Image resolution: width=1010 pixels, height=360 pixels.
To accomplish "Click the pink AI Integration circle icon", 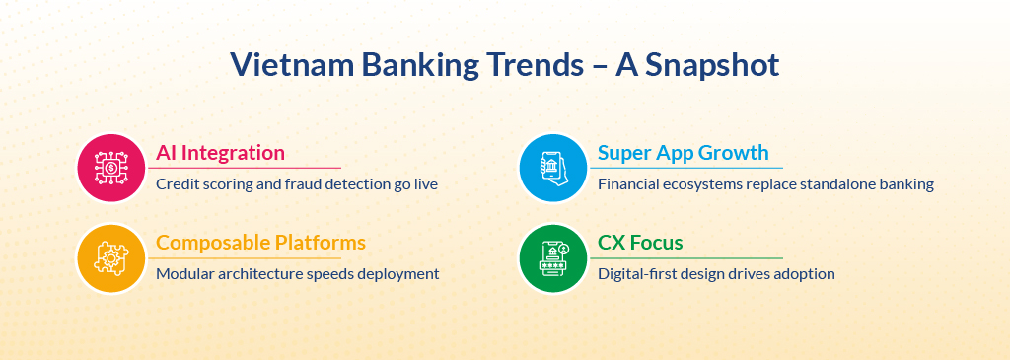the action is tap(110, 168).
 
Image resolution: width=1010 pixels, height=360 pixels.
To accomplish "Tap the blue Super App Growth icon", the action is tap(552, 168).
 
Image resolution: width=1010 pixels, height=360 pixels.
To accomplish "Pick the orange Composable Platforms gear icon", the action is tap(110, 257).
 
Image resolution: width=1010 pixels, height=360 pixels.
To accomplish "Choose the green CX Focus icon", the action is tap(552, 257).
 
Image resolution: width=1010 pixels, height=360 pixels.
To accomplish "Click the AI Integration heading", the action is tap(220, 153).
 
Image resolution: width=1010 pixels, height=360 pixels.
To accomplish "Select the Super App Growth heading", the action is tap(684, 153).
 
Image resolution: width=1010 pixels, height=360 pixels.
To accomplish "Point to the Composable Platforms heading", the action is tap(260, 243).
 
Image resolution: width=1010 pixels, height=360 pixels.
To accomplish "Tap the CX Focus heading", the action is tap(640, 243).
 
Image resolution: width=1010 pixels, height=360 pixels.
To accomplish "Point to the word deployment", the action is tap(398, 274).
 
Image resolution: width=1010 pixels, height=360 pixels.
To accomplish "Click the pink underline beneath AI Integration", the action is tap(245, 168).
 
